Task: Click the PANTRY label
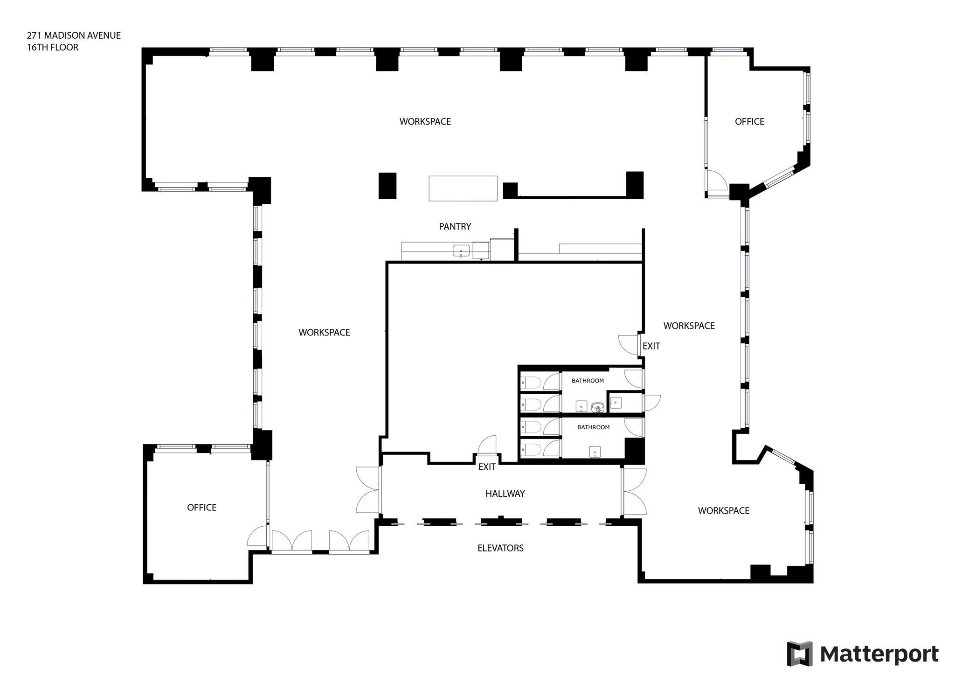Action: tap(455, 227)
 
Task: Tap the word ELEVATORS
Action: tap(500, 548)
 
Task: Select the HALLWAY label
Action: tap(505, 494)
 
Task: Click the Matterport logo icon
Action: tap(799, 654)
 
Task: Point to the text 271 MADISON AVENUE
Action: tap(74, 35)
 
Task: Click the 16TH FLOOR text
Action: tap(52, 48)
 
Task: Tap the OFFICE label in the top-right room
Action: tap(749, 122)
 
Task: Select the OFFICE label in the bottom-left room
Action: tap(201, 508)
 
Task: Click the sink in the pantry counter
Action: tap(461, 251)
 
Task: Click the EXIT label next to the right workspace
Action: tap(651, 346)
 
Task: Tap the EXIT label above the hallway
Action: tap(487, 467)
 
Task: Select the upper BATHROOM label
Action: tap(588, 381)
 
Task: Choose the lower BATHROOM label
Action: tap(593, 427)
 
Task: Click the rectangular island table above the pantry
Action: tap(463, 188)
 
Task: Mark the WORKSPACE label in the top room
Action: tap(425, 122)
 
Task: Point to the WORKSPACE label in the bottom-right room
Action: tap(723, 511)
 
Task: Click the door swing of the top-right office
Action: tap(716, 180)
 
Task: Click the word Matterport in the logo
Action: tap(879, 654)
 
